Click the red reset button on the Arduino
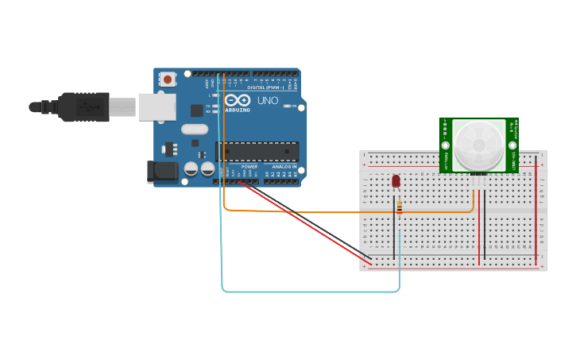[168, 79]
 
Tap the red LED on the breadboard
[396, 181]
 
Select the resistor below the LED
[399, 207]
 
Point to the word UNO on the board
[268, 101]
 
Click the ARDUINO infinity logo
[237, 100]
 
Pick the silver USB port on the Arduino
[157, 106]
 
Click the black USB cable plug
[83, 106]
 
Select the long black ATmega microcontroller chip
[257, 151]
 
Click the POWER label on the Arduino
[249, 166]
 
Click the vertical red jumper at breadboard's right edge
[535, 211]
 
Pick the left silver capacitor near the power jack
[191, 168]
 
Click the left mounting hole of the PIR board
[446, 145]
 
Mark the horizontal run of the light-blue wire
[310, 292]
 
